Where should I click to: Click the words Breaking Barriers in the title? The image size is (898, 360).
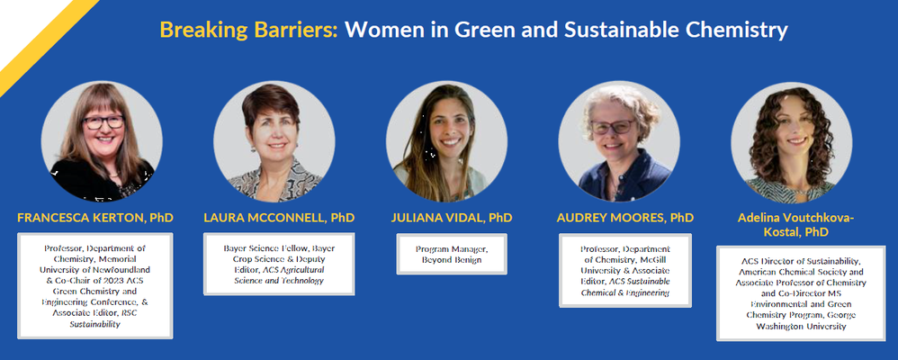click(248, 30)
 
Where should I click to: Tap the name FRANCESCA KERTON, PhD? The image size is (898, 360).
click(95, 218)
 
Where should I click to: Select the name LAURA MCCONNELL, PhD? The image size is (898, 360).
click(279, 218)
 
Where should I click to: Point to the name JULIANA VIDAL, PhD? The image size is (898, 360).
click(452, 218)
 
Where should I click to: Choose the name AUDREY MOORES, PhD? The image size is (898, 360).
click(624, 218)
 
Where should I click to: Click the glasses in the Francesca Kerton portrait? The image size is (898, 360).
click(103, 122)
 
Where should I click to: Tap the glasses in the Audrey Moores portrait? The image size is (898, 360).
click(613, 126)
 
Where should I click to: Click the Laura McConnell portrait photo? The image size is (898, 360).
click(274, 141)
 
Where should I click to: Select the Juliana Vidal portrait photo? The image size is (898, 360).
click(446, 141)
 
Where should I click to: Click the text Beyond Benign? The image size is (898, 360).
click(452, 260)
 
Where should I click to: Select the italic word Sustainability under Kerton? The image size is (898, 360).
click(95, 324)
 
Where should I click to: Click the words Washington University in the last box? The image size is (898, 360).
click(801, 326)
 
